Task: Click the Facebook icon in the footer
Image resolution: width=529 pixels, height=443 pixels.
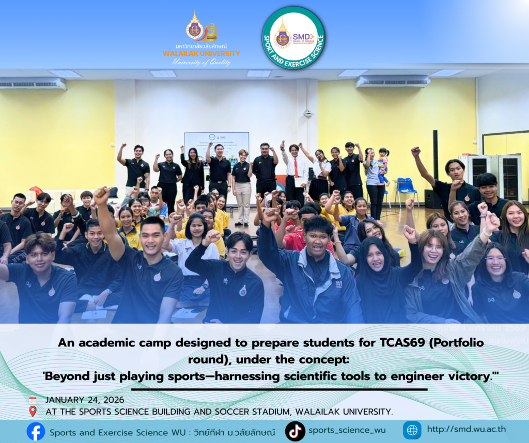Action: coord(36,431)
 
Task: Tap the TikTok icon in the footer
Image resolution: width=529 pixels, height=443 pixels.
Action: coord(295,431)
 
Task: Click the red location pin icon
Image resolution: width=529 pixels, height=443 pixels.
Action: coord(33,412)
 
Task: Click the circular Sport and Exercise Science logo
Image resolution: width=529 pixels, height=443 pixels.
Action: coord(293,37)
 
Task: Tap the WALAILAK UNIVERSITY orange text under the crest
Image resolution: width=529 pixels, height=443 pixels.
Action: coord(201,54)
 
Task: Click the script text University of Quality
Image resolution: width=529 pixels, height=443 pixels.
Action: coord(201,63)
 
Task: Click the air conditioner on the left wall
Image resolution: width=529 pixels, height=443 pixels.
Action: coord(33,84)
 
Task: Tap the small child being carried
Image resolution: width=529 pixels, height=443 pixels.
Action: coord(383,165)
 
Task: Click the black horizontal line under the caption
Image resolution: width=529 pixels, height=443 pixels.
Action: coord(279,389)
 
